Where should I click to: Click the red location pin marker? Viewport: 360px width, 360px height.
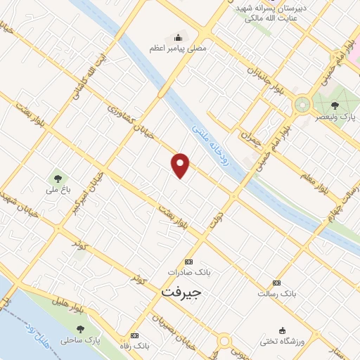pyautogui.click(x=181, y=165)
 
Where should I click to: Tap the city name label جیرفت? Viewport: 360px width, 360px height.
pyautogui.click(x=181, y=290)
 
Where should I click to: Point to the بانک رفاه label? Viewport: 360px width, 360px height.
pyautogui.click(x=140, y=347)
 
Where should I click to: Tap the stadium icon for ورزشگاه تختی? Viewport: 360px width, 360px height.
pyautogui.click(x=283, y=330)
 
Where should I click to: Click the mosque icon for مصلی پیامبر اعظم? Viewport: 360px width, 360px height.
pyautogui.click(x=177, y=37)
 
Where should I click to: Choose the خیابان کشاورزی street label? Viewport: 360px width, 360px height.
pyautogui.click(x=127, y=120)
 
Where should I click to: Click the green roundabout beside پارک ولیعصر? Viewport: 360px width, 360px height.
pyautogui.click(x=303, y=105)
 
